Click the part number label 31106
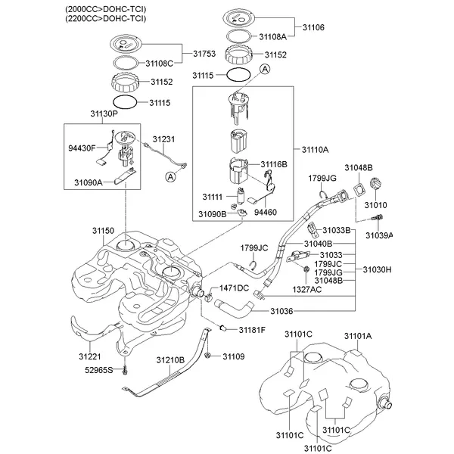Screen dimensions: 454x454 [313, 26]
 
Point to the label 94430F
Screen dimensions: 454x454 [82, 148]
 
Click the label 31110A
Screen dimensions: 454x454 [316, 151]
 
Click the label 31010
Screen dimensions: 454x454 [376, 205]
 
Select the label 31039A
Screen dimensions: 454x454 [380, 235]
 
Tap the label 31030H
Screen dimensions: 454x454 [377, 269]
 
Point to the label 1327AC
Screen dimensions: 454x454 [308, 289]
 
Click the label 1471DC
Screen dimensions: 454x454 [234, 288]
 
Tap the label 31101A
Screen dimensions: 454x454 [358, 335]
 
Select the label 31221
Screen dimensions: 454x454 [91, 356]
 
